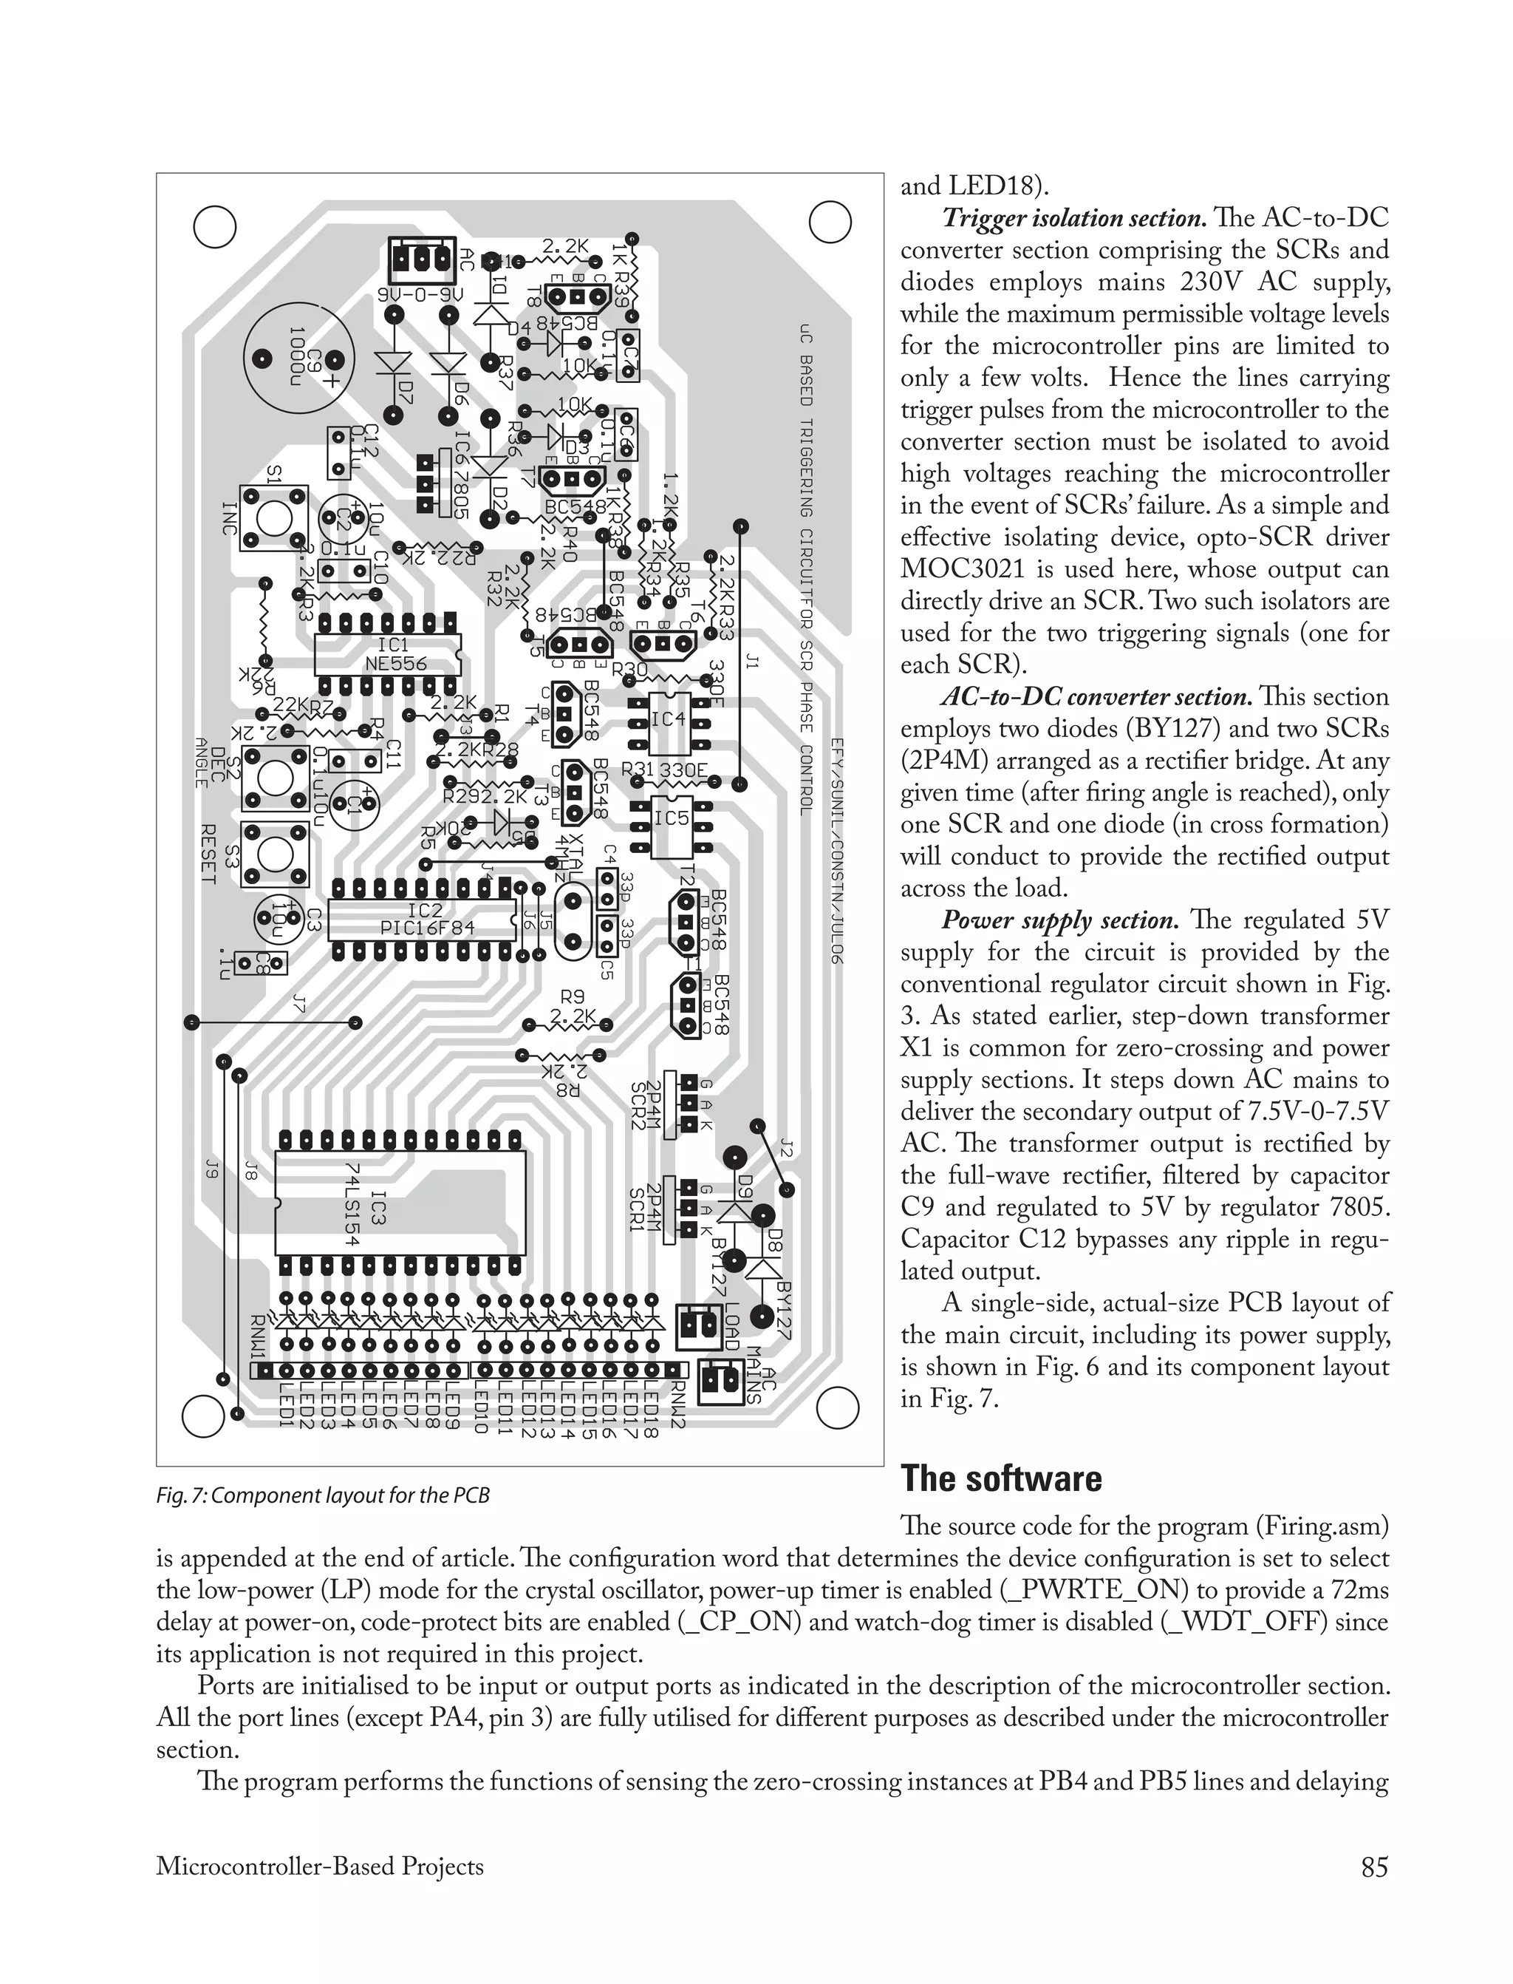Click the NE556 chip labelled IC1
(387, 655)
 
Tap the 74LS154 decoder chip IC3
(399, 1202)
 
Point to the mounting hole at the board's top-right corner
(830, 222)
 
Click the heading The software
(1000, 1479)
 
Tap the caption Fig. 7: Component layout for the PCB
(322, 1495)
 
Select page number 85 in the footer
(1373, 1867)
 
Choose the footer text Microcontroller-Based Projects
(320, 1867)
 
